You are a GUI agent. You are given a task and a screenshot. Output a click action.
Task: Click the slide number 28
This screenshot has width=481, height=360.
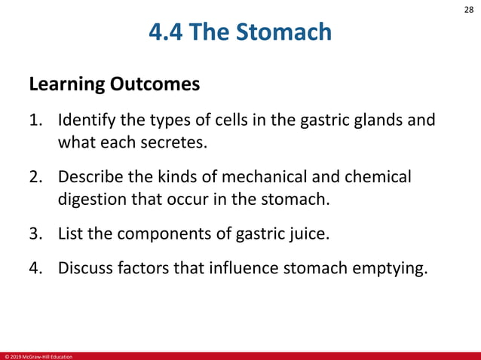point(468,10)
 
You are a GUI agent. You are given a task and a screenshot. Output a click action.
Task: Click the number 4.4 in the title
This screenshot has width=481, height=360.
point(168,32)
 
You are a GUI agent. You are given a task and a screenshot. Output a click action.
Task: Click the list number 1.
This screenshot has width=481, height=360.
point(35,121)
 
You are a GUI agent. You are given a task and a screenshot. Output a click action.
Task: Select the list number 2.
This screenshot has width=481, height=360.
point(35,178)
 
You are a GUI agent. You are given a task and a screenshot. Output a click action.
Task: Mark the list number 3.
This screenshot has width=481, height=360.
point(35,234)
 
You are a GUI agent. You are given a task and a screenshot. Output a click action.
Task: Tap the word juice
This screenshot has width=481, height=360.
point(311,234)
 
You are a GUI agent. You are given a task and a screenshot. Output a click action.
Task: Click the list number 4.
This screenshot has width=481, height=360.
point(35,270)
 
